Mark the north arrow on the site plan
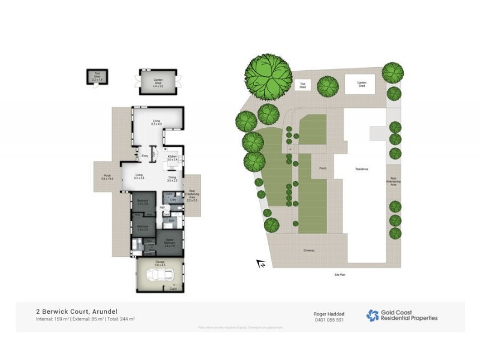click(261, 263)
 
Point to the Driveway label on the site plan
click(309, 250)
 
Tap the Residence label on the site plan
click(361, 169)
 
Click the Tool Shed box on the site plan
click(303, 85)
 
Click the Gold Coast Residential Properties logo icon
click(372, 316)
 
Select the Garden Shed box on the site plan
click(362, 85)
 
